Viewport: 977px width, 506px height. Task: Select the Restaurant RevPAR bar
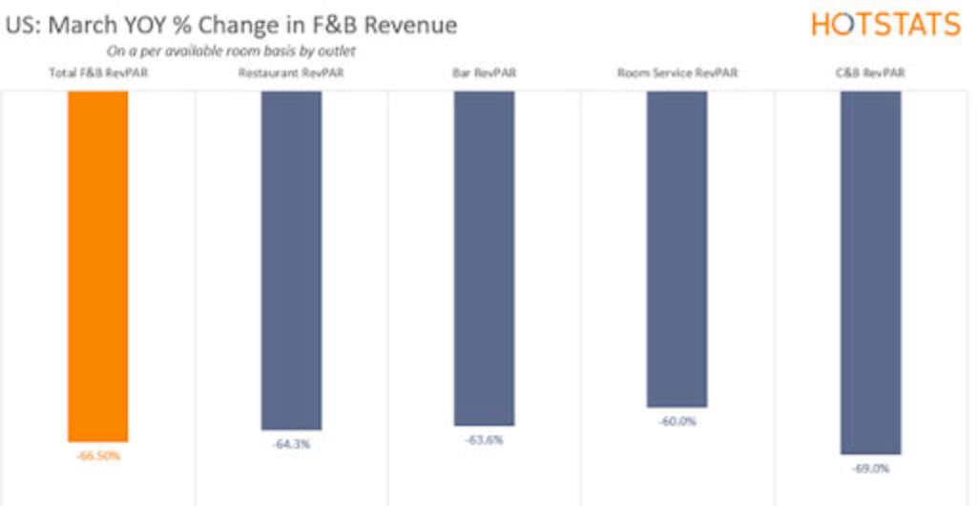(x=291, y=260)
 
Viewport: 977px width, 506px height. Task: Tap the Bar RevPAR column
(x=484, y=258)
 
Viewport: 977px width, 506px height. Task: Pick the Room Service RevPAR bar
(x=676, y=248)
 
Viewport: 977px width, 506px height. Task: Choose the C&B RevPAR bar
(x=870, y=272)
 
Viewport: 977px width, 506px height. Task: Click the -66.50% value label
(x=98, y=455)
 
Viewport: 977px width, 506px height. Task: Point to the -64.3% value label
(x=291, y=444)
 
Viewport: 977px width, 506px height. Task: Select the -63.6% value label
(x=484, y=440)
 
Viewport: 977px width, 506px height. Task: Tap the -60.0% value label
(x=677, y=421)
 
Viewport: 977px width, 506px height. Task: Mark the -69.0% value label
(x=870, y=469)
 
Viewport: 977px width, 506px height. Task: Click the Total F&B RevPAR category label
(x=97, y=73)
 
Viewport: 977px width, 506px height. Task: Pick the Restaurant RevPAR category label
(x=291, y=73)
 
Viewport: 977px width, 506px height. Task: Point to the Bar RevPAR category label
(x=484, y=73)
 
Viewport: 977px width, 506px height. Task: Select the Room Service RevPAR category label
(x=677, y=73)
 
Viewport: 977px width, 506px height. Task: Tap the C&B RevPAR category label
(x=870, y=73)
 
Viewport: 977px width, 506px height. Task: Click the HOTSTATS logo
(x=885, y=24)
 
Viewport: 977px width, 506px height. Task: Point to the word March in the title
(x=80, y=25)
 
